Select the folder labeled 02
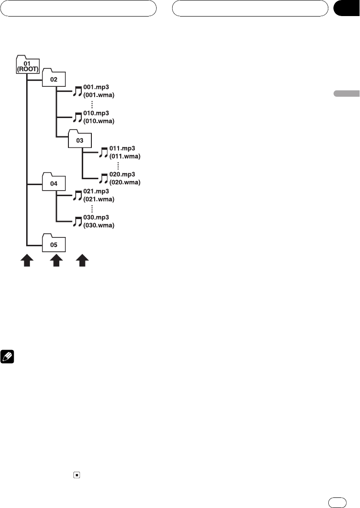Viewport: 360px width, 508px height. (54, 79)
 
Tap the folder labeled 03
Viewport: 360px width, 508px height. (79, 139)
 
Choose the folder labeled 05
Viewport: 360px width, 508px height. (54, 244)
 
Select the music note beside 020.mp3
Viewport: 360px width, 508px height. (104, 178)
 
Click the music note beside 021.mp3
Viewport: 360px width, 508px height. (77, 196)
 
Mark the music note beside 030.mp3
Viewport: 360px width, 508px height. (77, 221)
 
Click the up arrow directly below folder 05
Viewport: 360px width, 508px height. (56, 262)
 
